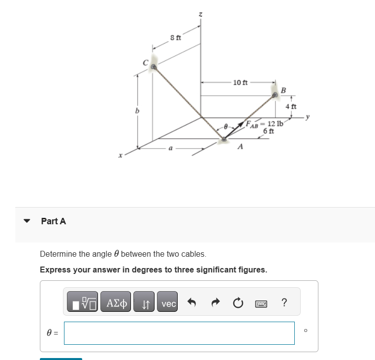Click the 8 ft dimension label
pyautogui.click(x=176, y=38)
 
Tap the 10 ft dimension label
pyautogui.click(x=240, y=82)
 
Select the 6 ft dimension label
pyautogui.click(x=269, y=131)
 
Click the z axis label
pyautogui.click(x=200, y=16)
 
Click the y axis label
pyautogui.click(x=308, y=117)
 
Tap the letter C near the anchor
pyautogui.click(x=145, y=62)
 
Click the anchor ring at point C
pyautogui.click(x=154, y=67)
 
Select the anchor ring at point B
pyautogui.click(x=275, y=96)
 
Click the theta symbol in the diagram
pyautogui.click(x=226, y=126)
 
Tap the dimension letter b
pyautogui.click(x=130, y=112)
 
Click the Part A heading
pyautogui.click(x=53, y=221)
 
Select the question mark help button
pyautogui.click(x=284, y=303)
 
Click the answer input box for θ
pyautogui.click(x=179, y=333)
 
